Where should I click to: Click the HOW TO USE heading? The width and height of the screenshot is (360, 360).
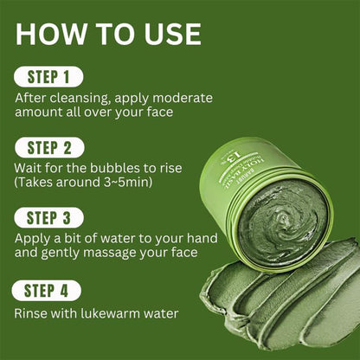[x=108, y=34]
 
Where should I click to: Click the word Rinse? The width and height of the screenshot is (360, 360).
[x=32, y=312]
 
